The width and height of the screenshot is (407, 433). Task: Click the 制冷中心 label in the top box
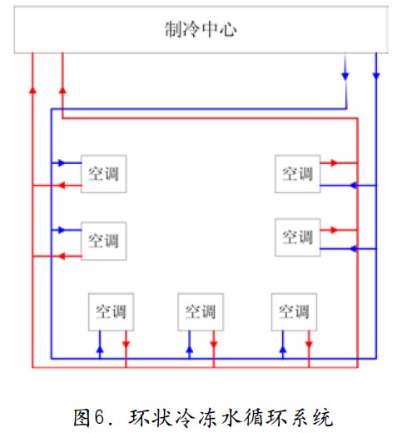(x=201, y=29)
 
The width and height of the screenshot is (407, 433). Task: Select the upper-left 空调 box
(x=104, y=174)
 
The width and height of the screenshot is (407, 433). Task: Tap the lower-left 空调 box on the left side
(x=104, y=241)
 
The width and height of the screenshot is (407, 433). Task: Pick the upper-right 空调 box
(x=298, y=174)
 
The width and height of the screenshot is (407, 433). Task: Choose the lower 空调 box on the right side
(x=298, y=237)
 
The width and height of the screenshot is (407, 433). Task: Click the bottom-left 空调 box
(x=111, y=311)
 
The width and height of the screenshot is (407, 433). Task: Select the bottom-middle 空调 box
(x=201, y=311)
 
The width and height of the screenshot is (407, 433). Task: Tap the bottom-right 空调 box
(x=294, y=311)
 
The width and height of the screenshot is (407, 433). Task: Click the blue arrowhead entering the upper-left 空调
(x=62, y=162)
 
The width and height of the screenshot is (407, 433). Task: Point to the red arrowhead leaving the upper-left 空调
(x=62, y=185)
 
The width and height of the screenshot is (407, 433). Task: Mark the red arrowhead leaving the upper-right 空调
(x=334, y=162)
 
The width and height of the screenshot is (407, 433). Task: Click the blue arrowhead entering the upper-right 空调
(x=353, y=185)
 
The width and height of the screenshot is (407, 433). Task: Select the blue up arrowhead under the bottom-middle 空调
(x=190, y=350)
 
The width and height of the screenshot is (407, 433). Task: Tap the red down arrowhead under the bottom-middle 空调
(x=214, y=344)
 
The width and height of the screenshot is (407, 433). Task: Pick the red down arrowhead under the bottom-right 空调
(x=309, y=344)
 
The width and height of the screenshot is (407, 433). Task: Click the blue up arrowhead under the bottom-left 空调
(x=100, y=350)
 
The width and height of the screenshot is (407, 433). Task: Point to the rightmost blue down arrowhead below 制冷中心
(x=376, y=76)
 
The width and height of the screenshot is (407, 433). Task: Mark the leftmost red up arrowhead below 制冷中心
(x=32, y=90)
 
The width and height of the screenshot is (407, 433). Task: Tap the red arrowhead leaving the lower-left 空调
(x=62, y=256)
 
